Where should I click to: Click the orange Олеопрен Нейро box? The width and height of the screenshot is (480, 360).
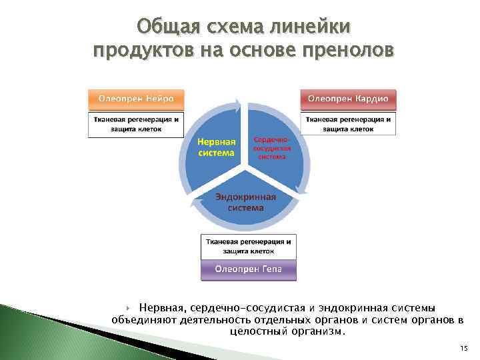(136, 99)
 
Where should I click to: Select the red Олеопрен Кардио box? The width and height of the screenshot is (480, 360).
(348, 99)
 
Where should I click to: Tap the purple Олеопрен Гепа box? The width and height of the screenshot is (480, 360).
(247, 269)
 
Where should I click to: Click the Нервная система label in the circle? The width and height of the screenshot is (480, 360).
(217, 147)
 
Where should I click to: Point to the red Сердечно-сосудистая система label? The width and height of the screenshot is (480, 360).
(271, 147)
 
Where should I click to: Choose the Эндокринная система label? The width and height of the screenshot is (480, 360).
(245, 202)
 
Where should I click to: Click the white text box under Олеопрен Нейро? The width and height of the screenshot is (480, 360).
(136, 125)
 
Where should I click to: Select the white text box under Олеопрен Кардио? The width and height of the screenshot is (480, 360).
(348, 124)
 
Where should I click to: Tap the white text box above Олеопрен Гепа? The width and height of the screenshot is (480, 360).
(247, 246)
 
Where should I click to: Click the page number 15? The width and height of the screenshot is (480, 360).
(463, 350)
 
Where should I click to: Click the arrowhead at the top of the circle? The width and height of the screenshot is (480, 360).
(237, 103)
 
